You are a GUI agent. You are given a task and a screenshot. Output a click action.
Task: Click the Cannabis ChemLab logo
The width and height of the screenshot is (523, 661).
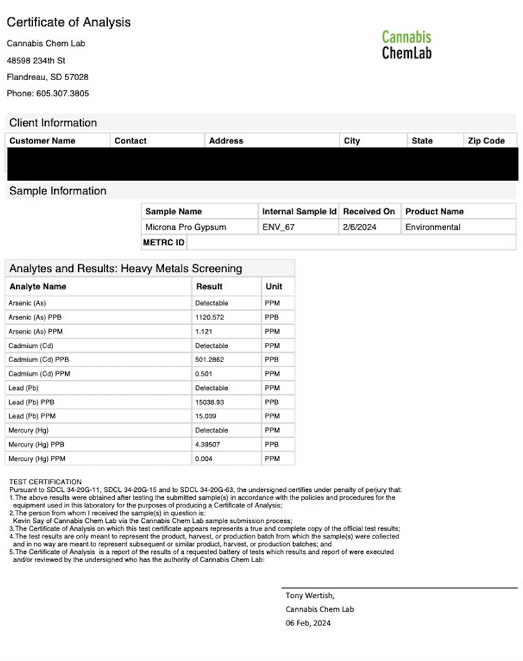point(406,45)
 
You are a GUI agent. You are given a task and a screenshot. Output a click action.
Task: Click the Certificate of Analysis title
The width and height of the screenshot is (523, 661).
point(68,23)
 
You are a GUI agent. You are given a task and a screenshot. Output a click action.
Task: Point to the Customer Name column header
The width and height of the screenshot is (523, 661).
point(43,141)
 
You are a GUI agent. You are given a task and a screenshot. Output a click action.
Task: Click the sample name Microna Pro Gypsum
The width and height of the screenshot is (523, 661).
point(186,227)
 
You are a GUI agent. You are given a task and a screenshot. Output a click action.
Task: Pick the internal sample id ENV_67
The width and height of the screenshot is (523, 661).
point(278,227)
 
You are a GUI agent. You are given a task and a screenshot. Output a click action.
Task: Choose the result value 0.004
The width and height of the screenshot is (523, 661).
point(203,459)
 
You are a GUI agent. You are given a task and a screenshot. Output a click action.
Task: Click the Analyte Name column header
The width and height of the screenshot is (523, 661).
point(37,287)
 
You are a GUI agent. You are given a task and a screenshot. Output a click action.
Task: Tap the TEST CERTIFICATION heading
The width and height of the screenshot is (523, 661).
point(45,482)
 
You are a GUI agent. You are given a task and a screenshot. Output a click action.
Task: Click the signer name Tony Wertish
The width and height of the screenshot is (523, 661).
point(310,596)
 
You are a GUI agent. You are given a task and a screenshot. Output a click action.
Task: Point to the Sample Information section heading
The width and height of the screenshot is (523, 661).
point(57,191)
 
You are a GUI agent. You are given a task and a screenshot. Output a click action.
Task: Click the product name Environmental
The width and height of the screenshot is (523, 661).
point(433,227)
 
